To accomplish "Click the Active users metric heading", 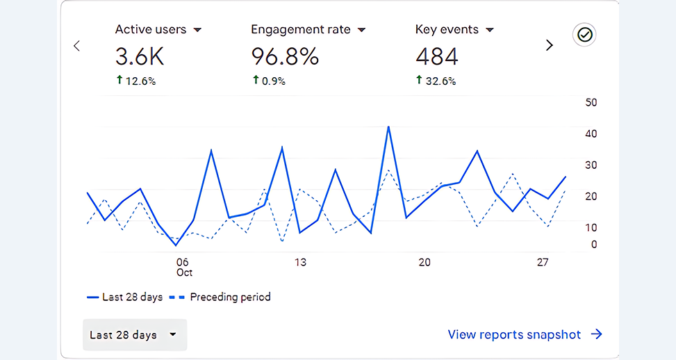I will coord(151,30).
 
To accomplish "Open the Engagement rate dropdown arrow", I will coord(361,31).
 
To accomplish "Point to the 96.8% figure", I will coord(285,56).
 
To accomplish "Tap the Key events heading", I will coord(447,30).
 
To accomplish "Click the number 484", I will coord(437,56).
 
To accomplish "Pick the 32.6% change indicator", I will coord(436,81).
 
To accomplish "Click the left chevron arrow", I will coord(77,46).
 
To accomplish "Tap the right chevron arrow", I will coord(550,46).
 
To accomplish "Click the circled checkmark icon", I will coord(585,35).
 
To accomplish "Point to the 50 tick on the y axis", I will coord(591,103).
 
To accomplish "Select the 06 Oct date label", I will coord(183,267).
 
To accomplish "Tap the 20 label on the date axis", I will coord(424,262).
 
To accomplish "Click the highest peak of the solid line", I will coord(388,127).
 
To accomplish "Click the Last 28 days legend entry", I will coord(125,297).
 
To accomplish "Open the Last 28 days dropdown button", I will coord(134,335).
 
